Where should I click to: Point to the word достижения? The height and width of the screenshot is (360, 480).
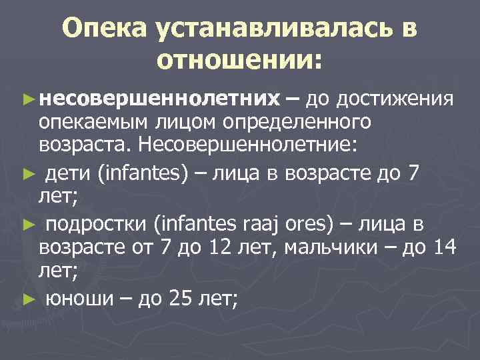(396, 100)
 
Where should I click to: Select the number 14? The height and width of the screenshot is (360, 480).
(444, 249)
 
